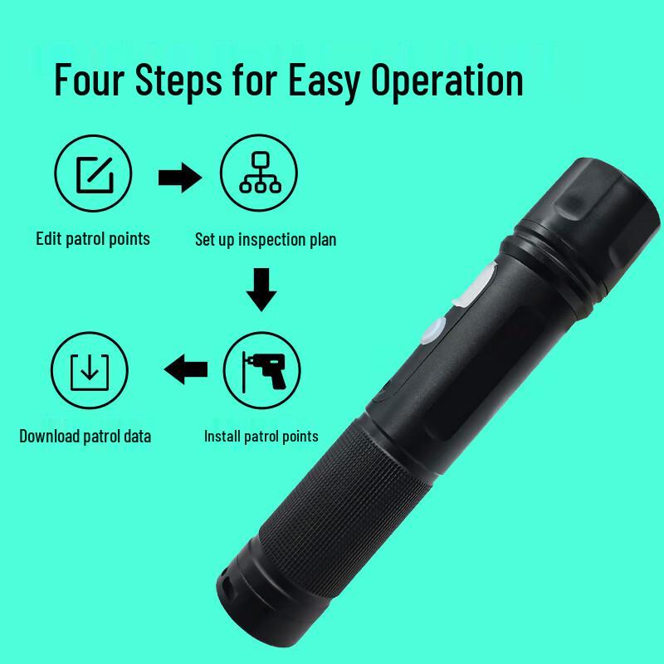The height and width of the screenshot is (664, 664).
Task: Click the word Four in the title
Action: (90, 80)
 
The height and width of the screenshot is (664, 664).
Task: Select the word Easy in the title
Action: (325, 82)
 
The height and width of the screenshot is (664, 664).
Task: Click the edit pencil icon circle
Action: (93, 173)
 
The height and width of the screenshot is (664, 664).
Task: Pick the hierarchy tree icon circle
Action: (259, 173)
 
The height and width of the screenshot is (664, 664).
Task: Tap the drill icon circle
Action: (261, 370)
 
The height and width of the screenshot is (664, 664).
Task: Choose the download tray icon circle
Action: (90, 370)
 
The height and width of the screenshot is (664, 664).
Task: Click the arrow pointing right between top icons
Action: (180, 178)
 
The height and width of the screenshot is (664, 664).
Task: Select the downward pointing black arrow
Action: (261, 290)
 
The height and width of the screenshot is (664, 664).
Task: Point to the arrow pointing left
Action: (186, 369)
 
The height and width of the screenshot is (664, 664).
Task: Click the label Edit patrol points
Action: (93, 239)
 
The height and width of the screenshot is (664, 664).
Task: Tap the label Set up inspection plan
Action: (266, 240)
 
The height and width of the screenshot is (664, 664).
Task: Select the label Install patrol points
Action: (261, 437)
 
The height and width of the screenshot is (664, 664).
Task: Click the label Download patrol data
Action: (85, 437)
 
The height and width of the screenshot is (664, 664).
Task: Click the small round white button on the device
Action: (433, 330)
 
